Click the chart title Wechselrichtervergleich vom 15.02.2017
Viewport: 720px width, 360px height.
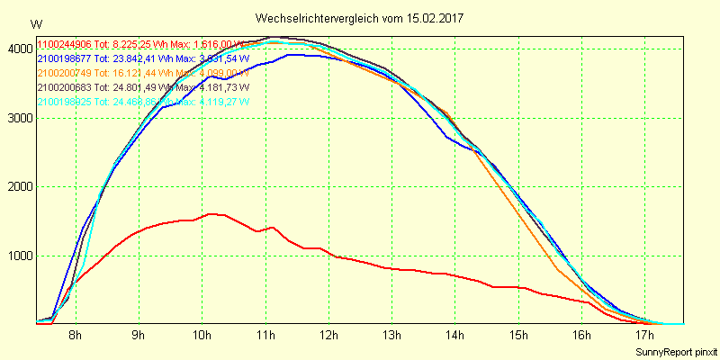pyautogui.click(x=360, y=18)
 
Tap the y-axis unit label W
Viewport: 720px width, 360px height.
pyautogui.click(x=35, y=24)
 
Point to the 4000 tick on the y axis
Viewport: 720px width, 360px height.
pyautogui.click(x=17, y=49)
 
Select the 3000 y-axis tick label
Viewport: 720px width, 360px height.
pyautogui.click(x=17, y=118)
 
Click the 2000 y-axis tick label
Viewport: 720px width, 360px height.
pyautogui.click(x=17, y=187)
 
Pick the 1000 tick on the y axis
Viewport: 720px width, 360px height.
pyautogui.click(x=17, y=256)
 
